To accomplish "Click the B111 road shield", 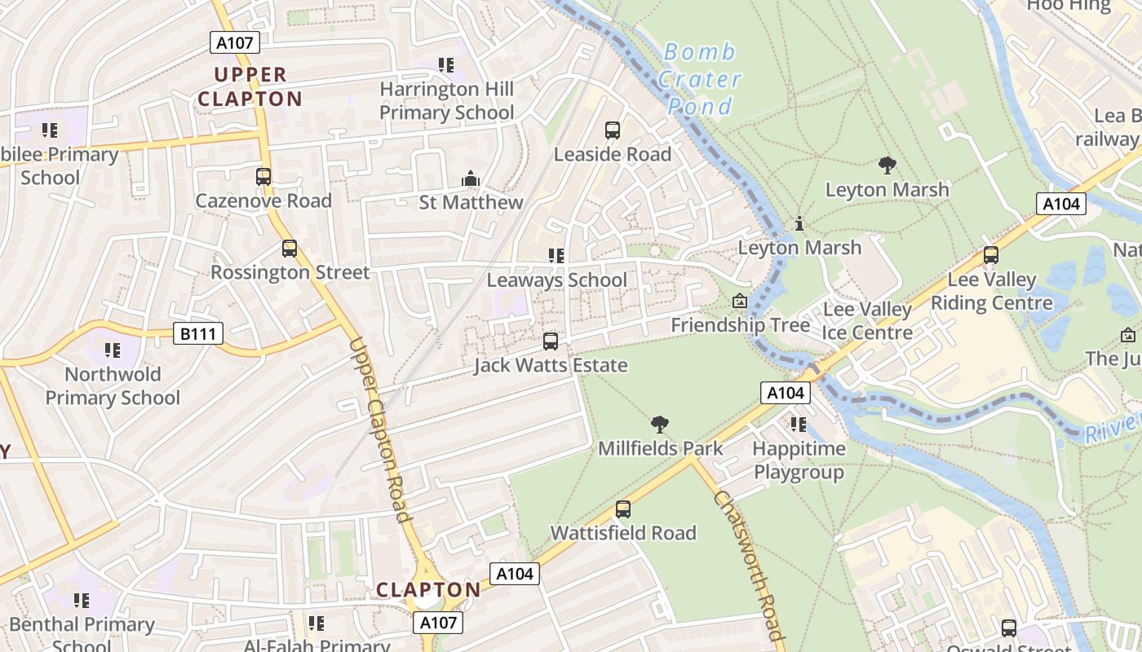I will (198, 333).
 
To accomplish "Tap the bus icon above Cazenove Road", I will (263, 177).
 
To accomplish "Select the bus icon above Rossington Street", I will (290, 249).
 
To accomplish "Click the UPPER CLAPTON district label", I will (250, 86).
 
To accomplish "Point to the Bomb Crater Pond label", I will (699, 79).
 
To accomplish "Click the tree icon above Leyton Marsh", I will (887, 166).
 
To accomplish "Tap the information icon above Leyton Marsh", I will (799, 223).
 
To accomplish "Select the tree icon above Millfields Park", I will (660, 425).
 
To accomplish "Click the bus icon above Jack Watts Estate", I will (551, 341).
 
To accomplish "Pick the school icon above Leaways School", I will (556, 256).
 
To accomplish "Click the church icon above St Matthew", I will (471, 178).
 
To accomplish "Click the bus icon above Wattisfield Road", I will (623, 509).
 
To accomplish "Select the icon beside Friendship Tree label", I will (739, 302).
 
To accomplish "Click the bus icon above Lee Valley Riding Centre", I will (991, 255).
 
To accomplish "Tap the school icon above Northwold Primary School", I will (113, 350).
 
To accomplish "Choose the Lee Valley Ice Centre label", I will (867, 321).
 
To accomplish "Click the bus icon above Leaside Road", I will (613, 130).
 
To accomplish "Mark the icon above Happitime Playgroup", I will (799, 425).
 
